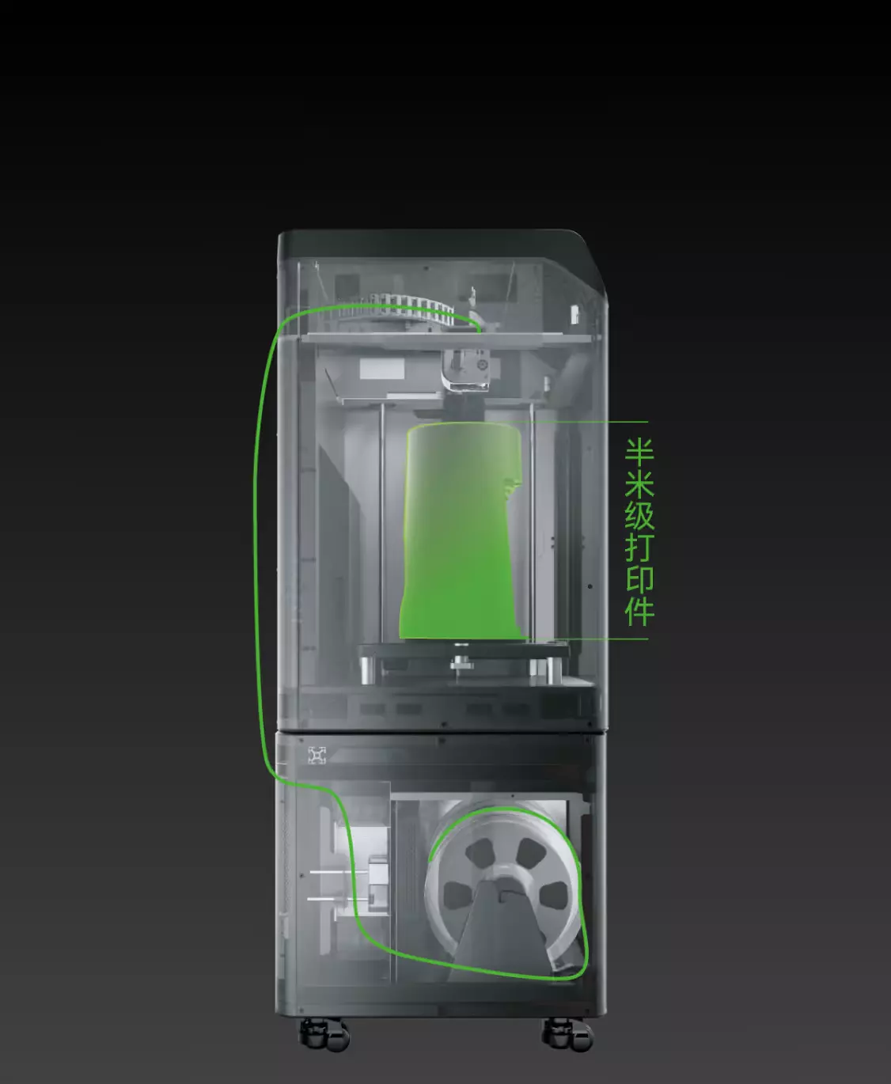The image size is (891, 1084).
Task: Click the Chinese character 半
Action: [x=639, y=452]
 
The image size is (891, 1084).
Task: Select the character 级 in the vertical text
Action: [x=639, y=516]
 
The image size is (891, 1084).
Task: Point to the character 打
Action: [x=639, y=548]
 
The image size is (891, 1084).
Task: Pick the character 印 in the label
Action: [x=639, y=580]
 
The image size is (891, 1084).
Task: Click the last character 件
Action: [x=639, y=612]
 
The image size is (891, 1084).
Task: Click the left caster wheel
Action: [x=324, y=1033]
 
